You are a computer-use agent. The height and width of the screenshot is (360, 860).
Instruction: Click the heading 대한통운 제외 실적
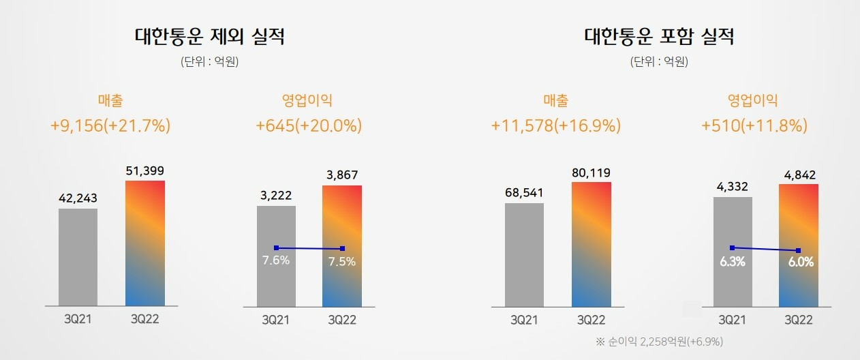[210, 37]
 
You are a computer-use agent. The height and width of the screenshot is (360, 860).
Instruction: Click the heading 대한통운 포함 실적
[659, 37]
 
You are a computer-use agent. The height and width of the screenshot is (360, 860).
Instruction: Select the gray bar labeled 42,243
[78, 257]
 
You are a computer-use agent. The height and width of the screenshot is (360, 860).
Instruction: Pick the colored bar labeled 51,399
[145, 243]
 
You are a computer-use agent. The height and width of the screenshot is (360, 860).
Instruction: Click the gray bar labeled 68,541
[524, 254]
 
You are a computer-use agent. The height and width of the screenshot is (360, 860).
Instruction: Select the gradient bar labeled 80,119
[592, 243]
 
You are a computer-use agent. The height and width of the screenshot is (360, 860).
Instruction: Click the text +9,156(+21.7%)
[110, 126]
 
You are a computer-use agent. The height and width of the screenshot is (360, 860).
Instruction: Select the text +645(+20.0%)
[309, 126]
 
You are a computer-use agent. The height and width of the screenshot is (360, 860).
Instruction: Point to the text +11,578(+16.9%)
[555, 126]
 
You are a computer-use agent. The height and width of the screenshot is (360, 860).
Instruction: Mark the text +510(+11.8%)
[754, 126]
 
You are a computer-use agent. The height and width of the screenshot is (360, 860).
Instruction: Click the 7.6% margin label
[276, 261]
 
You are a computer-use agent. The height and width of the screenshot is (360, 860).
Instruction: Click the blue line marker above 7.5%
[342, 248]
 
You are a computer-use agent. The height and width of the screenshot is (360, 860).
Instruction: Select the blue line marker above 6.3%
[732, 247]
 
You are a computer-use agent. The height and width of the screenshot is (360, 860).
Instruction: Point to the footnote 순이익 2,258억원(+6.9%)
[659, 340]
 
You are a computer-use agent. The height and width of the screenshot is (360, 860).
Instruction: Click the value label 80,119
[592, 173]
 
